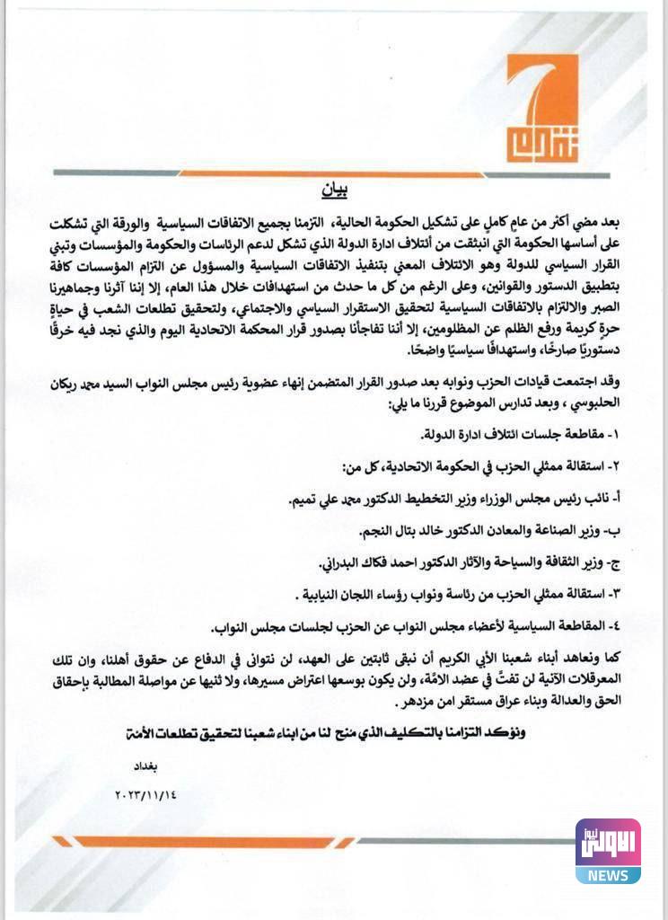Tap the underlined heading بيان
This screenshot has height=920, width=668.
pos(333,191)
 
